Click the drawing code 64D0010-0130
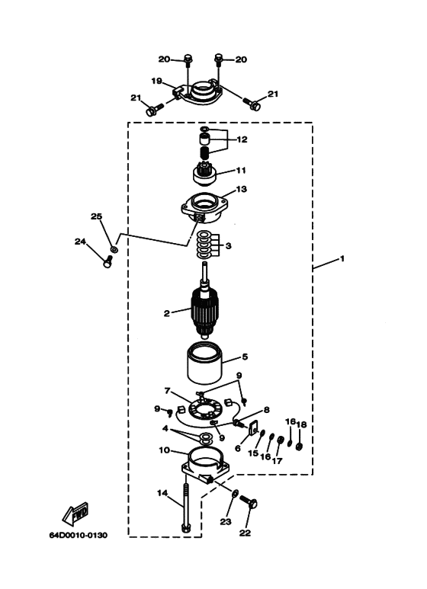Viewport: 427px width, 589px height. point(79,535)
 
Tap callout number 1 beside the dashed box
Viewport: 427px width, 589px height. point(342,258)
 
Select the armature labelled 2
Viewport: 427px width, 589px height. point(204,310)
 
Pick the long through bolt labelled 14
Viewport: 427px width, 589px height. point(185,507)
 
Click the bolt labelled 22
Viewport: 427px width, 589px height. point(249,501)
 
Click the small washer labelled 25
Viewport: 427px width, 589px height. point(114,248)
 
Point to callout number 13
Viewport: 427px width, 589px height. point(241,188)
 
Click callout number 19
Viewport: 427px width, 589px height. point(157,81)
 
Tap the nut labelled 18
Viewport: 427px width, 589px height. point(300,447)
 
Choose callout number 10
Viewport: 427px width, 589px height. point(165,450)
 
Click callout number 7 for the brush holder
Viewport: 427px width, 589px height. point(167,391)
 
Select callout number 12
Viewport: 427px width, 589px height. point(242,139)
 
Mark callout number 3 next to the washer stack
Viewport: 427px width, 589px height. point(229,246)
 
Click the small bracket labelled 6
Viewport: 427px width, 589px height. point(253,427)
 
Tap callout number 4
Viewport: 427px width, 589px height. point(165,428)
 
